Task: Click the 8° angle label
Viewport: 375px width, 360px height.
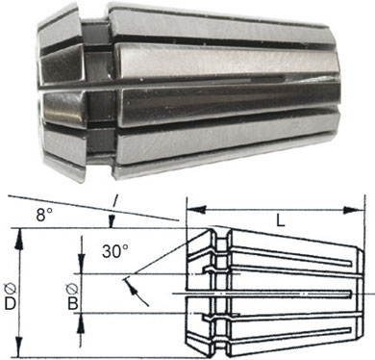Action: pos(44,215)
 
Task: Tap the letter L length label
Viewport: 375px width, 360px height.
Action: pos(281,220)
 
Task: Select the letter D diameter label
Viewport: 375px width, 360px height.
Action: pos(10,303)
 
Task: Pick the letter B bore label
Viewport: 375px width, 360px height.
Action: pos(73,303)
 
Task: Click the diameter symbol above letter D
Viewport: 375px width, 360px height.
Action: pos(11,289)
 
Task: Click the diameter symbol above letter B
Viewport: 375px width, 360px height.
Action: pos(72,289)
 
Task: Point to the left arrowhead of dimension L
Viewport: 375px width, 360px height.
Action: pos(196,210)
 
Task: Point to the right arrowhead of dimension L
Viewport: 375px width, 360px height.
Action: pos(354,210)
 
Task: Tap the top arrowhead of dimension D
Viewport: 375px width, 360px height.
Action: pos(19,238)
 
